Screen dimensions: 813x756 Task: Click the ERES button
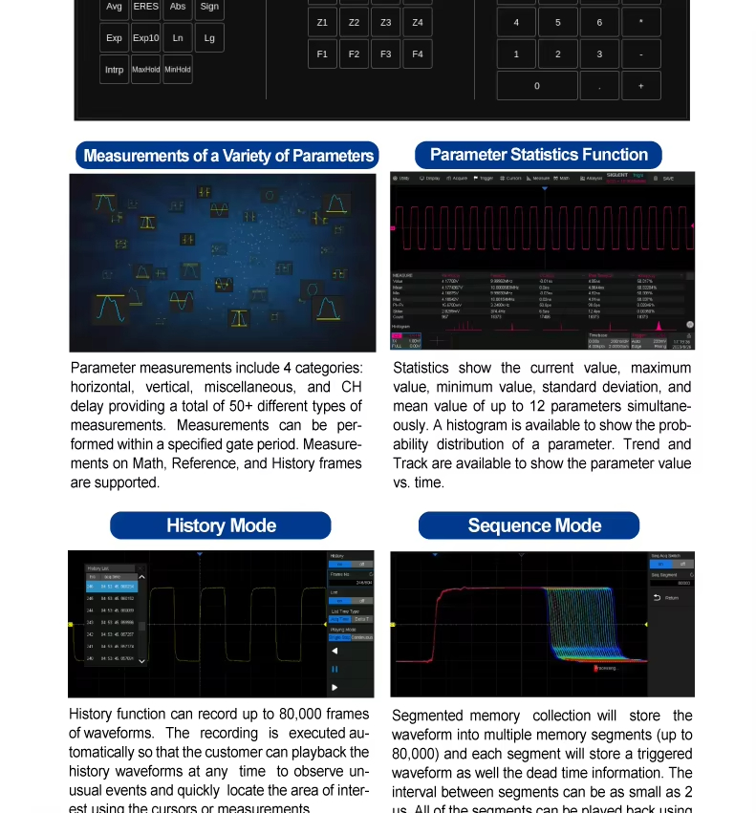(146, 7)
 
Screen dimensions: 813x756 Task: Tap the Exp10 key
(146, 38)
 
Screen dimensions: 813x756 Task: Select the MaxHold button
(146, 70)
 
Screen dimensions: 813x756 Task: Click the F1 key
(322, 54)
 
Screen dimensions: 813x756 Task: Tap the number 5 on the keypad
(558, 22)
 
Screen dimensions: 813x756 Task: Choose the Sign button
(209, 7)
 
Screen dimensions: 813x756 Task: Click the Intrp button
(115, 70)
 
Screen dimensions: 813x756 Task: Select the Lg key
(209, 38)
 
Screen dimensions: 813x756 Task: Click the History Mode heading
(221, 525)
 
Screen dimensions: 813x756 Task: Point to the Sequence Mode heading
(534, 525)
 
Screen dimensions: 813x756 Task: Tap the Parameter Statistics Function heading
(538, 155)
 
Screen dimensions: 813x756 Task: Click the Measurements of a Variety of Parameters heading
(228, 156)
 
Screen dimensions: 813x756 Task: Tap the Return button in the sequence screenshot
(670, 598)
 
